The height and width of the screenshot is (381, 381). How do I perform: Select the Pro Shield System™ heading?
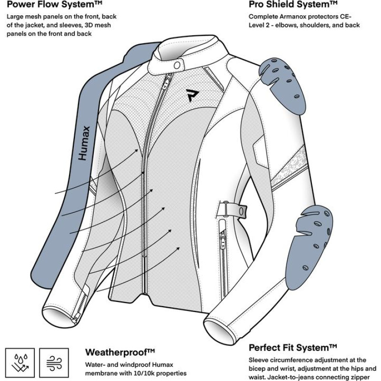point(293,5)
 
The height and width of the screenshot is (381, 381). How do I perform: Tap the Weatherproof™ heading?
point(120,352)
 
